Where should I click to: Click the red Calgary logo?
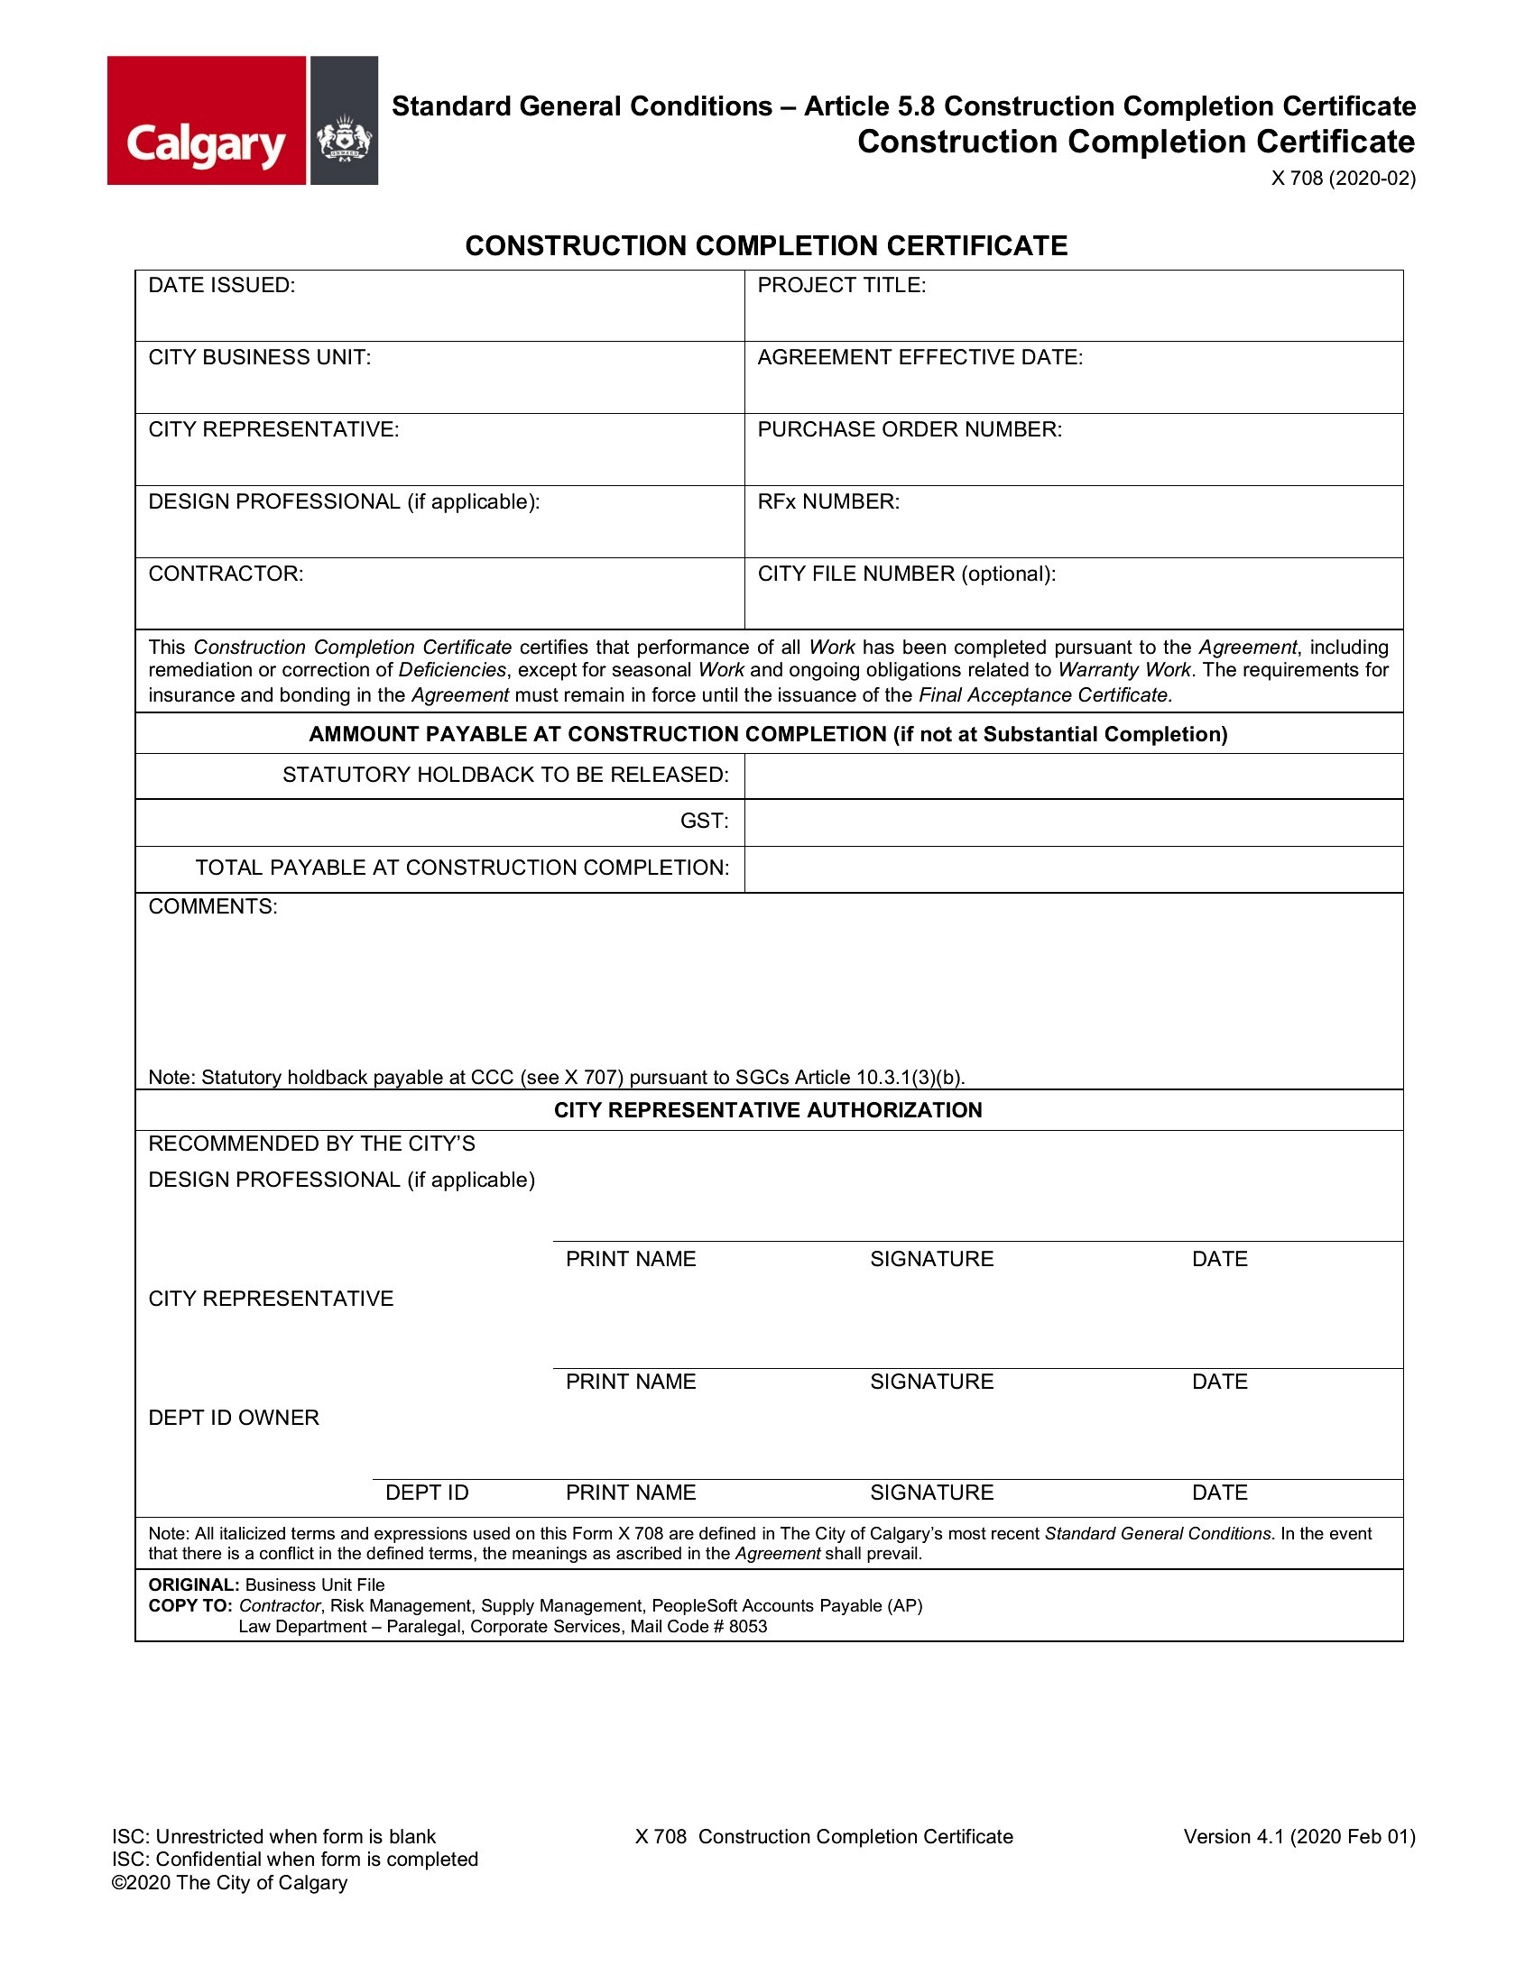[x=207, y=121]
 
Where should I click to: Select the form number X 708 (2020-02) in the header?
[x=1343, y=178]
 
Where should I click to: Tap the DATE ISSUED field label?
[x=222, y=285]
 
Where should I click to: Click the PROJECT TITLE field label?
[x=842, y=285]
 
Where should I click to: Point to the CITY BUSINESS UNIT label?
[x=260, y=357]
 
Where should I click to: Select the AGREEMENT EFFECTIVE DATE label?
[x=919, y=357]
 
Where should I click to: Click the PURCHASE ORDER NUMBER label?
[x=910, y=428]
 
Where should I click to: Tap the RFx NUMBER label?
[x=827, y=501]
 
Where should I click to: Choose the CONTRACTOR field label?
[x=226, y=574]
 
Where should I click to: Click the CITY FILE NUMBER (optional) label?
[x=906, y=574]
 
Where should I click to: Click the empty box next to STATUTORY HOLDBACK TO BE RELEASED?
[x=1073, y=776]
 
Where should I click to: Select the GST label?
[x=705, y=822]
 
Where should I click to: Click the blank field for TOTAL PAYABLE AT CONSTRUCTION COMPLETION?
[x=1073, y=869]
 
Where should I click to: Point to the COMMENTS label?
[x=213, y=906]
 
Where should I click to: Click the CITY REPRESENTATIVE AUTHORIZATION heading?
[x=768, y=1110]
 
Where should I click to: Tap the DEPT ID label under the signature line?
[x=426, y=1493]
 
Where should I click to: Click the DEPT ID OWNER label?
[x=234, y=1417]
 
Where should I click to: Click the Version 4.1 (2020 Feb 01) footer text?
[x=1298, y=1836]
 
